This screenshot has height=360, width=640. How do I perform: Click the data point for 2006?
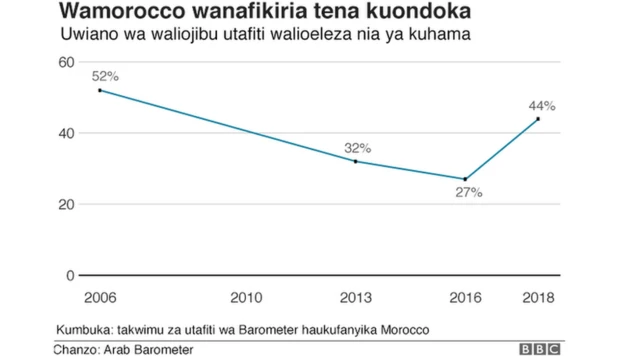pos(100,90)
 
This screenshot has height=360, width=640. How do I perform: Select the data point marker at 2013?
pos(356,161)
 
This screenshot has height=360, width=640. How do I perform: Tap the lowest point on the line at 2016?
pos(465,179)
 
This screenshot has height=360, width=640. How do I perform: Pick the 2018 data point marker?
pos(538,119)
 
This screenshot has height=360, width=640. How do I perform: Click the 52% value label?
pos(105,76)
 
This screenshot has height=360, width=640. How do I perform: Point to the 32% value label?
pos(357,147)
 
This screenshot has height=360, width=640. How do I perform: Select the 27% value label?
pos(469,192)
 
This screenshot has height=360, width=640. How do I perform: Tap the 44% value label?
pos(542,105)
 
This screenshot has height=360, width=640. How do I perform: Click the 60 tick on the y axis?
pos(67,62)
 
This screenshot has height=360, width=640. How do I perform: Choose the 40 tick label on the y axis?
pos(67,133)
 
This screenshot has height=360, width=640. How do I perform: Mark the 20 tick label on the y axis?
pos(67,204)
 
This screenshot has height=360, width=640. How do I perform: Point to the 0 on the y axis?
pos(70,275)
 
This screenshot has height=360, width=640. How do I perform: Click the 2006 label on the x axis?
pos(100,298)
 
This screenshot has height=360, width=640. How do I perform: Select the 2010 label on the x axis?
pos(246,298)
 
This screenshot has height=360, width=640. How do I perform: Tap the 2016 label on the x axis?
pos(465,298)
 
